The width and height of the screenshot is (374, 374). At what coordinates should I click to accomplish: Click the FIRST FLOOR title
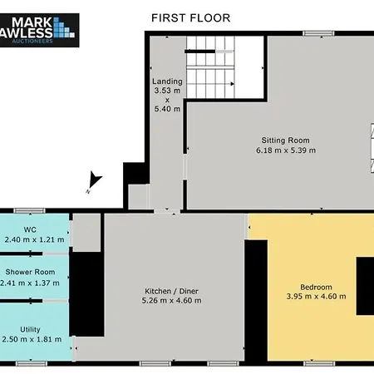[x=190, y=18]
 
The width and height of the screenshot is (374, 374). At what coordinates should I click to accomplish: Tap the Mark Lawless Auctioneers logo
[x=39, y=30]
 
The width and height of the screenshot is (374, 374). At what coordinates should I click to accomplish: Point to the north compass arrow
[x=94, y=180]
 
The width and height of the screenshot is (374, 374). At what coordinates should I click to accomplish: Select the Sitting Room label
[x=285, y=140]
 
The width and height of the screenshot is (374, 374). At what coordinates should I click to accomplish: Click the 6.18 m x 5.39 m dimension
[x=286, y=150]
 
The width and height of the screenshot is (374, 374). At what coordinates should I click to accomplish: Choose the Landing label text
[x=167, y=81]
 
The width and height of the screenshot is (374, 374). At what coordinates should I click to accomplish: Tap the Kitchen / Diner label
[x=171, y=291]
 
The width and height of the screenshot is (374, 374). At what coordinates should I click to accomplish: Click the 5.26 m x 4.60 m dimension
[x=171, y=301]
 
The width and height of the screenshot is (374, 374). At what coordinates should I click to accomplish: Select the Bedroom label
[x=316, y=287]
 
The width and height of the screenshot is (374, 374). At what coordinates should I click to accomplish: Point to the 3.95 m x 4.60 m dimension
[x=316, y=297]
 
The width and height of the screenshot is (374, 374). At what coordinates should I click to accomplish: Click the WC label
[x=30, y=229]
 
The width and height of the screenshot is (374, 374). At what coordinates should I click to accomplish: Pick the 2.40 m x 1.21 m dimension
[x=34, y=239]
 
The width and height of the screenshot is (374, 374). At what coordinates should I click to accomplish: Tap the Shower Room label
[x=30, y=272]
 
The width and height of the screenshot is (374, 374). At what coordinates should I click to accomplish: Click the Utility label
[x=30, y=329]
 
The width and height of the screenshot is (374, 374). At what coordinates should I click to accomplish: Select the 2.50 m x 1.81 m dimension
[x=32, y=339]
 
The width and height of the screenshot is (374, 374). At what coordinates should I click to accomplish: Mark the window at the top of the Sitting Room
[x=318, y=33]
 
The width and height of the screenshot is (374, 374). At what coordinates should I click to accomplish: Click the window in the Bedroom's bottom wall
[x=319, y=363]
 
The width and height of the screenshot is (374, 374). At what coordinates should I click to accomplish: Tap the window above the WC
[x=29, y=211]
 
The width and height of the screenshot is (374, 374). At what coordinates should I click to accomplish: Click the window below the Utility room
[x=31, y=363]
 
